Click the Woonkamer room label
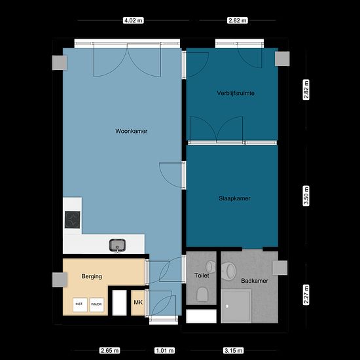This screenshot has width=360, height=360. click(x=132, y=131)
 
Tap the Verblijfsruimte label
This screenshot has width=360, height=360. click(x=236, y=93)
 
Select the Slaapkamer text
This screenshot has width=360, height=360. click(x=234, y=198)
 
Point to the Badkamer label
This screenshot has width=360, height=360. click(x=255, y=281)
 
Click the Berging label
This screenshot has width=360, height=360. click(x=92, y=276)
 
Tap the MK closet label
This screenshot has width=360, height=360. click(x=138, y=302)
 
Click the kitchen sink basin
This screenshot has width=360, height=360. click(x=117, y=245)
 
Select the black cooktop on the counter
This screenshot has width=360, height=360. click(x=72, y=220)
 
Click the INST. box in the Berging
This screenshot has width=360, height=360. click(x=80, y=304)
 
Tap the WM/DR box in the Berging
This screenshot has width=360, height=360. click(x=96, y=304)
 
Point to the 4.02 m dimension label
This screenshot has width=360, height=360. click(x=133, y=20)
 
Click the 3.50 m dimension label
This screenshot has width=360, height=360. click(x=306, y=196)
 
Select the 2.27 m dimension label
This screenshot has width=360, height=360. click(x=306, y=295)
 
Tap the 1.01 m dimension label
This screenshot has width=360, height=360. click(x=164, y=351)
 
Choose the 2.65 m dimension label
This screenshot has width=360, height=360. click(x=110, y=351)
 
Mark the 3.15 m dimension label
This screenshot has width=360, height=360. click(x=234, y=351)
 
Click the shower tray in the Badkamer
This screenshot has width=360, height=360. click(x=236, y=306)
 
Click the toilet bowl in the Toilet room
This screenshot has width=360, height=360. click(x=202, y=294)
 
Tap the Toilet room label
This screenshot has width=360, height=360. click(x=202, y=276)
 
